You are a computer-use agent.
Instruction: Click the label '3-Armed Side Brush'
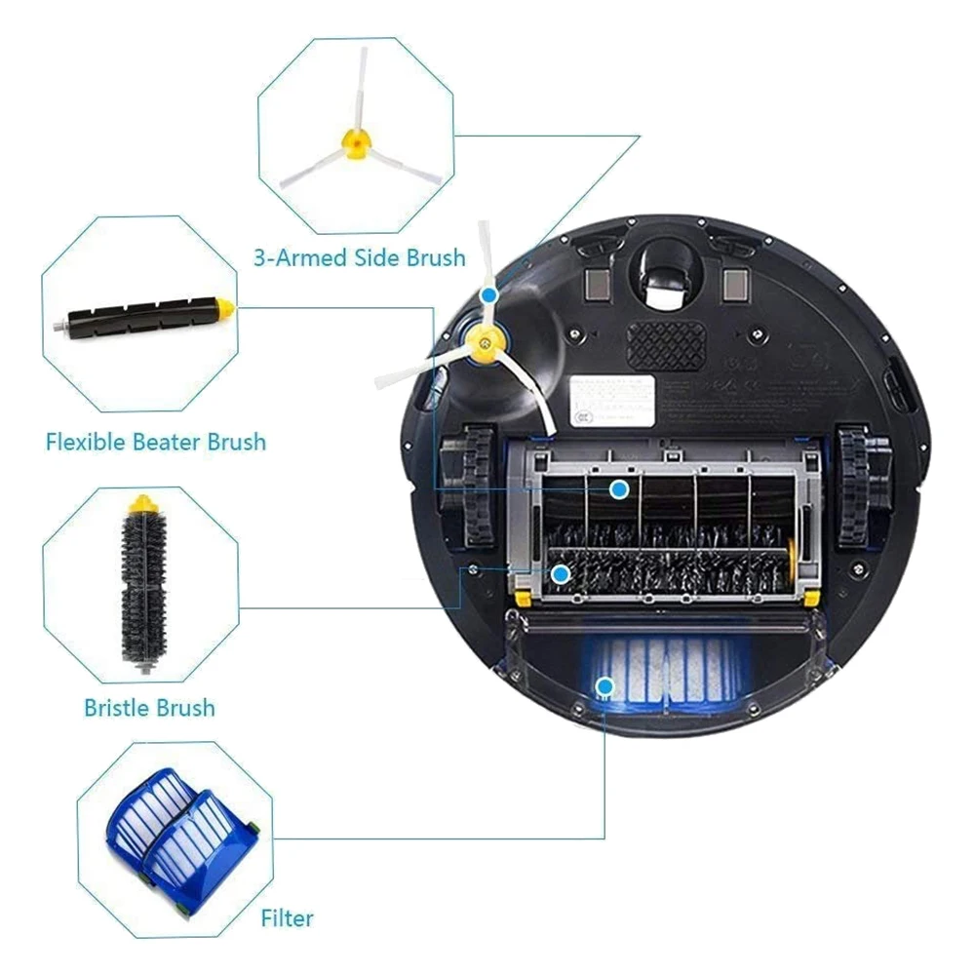pos(359,258)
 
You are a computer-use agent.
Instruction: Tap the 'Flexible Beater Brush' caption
pos(156,442)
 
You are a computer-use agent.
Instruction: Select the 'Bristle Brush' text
pos(149,707)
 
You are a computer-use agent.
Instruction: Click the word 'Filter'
pos(288,917)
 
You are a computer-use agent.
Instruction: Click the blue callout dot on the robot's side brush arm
pos(488,292)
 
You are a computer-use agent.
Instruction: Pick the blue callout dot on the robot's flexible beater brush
pos(618,488)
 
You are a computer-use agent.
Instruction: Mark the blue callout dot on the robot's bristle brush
pos(560,574)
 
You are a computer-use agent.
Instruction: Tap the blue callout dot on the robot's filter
pos(604,686)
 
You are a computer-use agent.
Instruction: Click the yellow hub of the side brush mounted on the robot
pos(482,342)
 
